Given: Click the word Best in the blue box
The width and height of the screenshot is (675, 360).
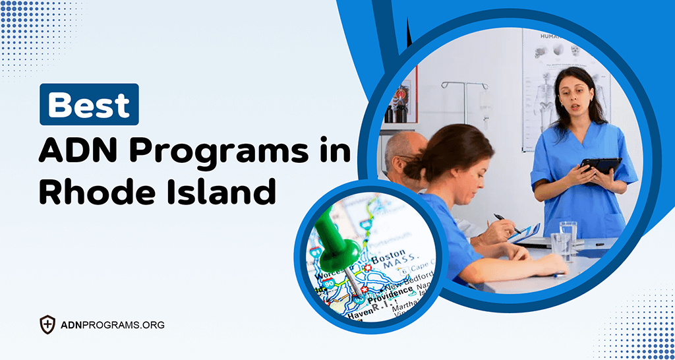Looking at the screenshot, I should coord(89,104).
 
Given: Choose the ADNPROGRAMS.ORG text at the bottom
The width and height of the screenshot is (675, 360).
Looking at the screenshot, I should coord(112,325).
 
